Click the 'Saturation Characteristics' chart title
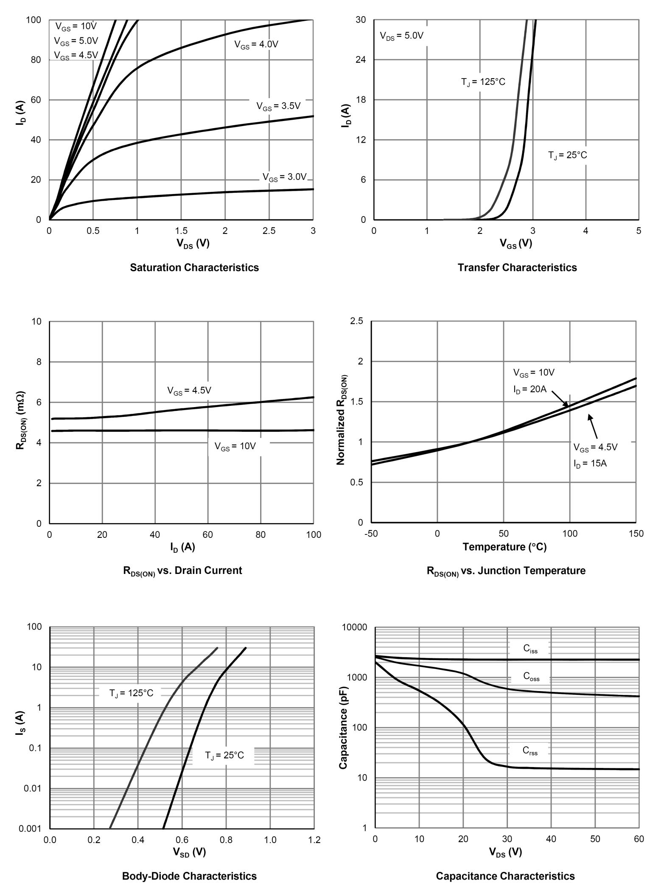tap(194, 267)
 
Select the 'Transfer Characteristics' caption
tap(517, 267)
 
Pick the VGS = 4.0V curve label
tap(256, 45)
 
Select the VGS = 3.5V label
tap(278, 106)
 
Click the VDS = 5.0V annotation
tap(401, 36)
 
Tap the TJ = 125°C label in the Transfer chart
tap(483, 82)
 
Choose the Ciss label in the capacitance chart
tap(530, 648)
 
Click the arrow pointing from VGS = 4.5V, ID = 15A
tap(593, 426)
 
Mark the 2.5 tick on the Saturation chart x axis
tap(269, 231)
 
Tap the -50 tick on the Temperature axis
tap(371, 534)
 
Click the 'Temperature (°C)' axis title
tap(504, 547)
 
